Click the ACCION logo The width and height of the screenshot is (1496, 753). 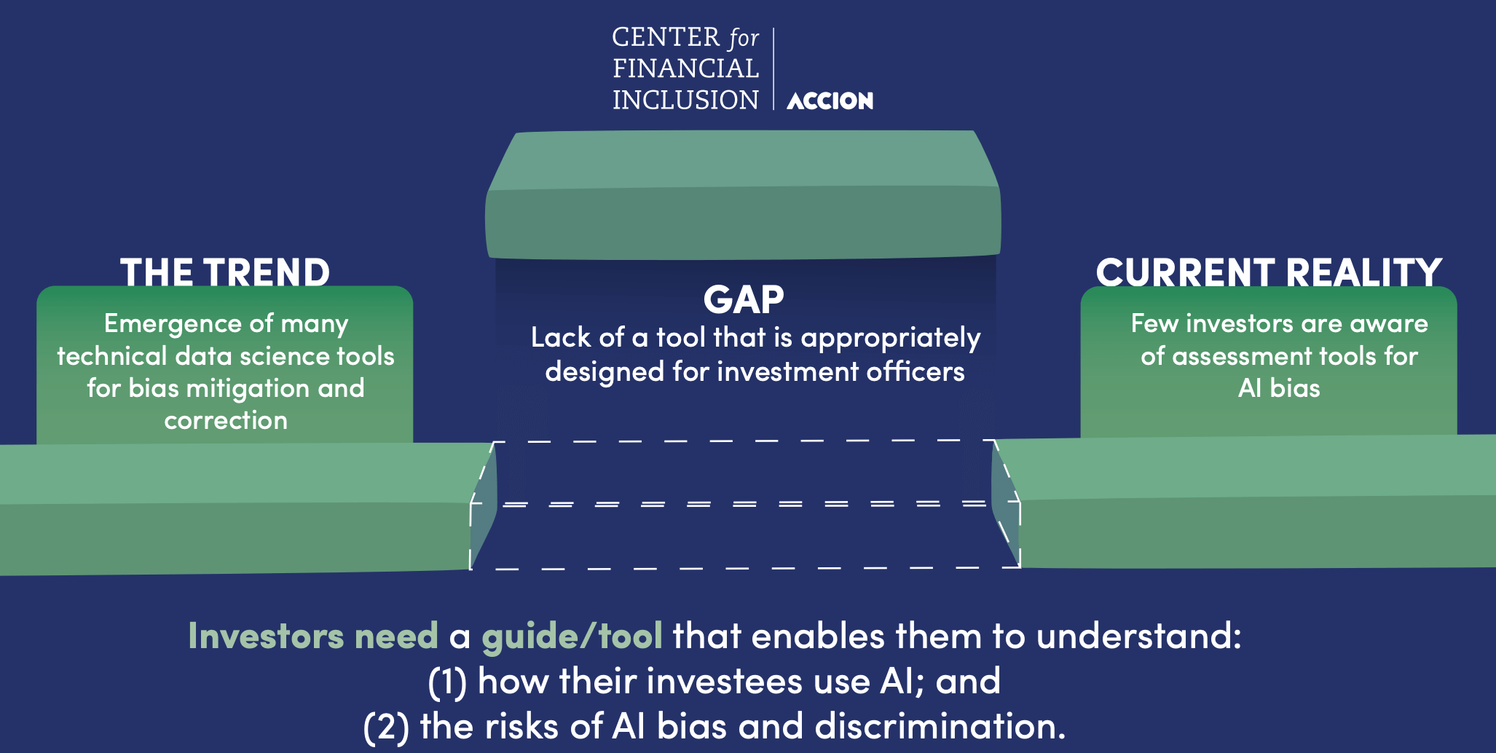pyautogui.click(x=830, y=100)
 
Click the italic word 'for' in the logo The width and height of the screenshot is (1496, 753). pyautogui.click(x=744, y=38)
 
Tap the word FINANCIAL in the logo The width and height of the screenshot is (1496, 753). pyautogui.click(x=685, y=68)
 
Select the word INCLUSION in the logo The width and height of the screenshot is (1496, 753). pyautogui.click(x=685, y=100)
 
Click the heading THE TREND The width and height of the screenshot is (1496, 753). pyautogui.click(x=225, y=272)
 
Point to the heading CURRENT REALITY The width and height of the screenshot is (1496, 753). pyautogui.click(x=1269, y=272)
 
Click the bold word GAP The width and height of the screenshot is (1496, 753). pyautogui.click(x=744, y=299)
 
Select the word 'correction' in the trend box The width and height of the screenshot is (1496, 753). pyautogui.click(x=226, y=420)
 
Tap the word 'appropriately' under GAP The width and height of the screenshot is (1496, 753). pyautogui.click(x=890, y=338)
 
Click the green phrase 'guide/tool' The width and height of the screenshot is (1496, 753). pyautogui.click(x=572, y=636)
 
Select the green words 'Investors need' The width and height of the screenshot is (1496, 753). pyautogui.click(x=313, y=636)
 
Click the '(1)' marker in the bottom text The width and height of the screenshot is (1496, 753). pyautogui.click(x=447, y=682)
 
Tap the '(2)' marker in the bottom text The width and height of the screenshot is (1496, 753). pyautogui.click(x=386, y=727)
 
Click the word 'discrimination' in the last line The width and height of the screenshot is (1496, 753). pyautogui.click(x=939, y=726)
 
